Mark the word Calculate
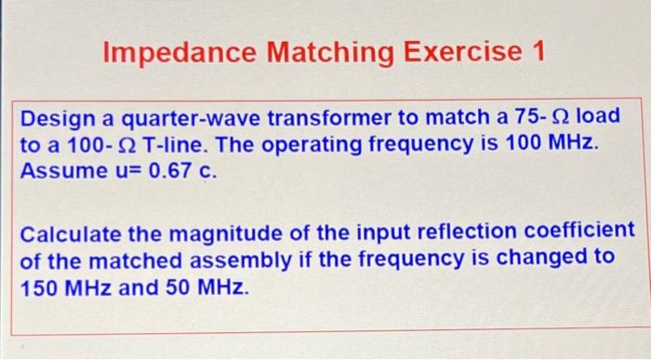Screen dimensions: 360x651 [72, 232]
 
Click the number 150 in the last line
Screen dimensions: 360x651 [40, 285]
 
